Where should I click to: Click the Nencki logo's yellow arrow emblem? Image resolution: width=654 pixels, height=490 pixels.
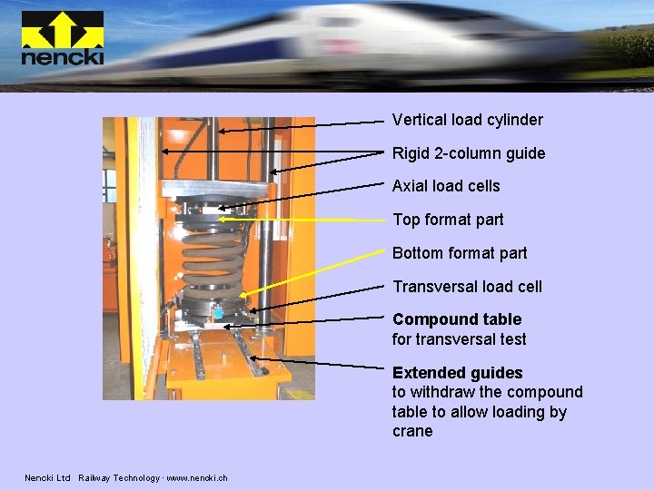pyautogui.click(x=62, y=29)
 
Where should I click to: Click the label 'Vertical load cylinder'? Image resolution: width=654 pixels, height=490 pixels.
pyautogui.click(x=467, y=120)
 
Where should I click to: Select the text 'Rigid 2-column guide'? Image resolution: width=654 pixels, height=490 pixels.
pyautogui.click(x=469, y=153)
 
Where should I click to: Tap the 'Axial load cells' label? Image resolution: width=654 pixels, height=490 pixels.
pyautogui.click(x=446, y=186)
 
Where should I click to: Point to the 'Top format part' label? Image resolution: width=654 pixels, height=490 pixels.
pyautogui.click(x=448, y=220)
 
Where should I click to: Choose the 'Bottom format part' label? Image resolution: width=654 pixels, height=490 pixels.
pyautogui.click(x=460, y=253)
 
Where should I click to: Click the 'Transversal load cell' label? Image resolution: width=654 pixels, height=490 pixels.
pyautogui.click(x=467, y=287)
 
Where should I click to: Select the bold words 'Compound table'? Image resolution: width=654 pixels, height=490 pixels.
pyautogui.click(x=457, y=319)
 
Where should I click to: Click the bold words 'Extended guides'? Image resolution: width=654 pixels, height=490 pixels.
pyautogui.click(x=457, y=373)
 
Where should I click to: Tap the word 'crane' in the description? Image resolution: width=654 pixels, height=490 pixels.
pyautogui.click(x=412, y=431)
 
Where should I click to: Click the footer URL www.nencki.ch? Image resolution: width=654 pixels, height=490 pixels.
pyautogui.click(x=197, y=478)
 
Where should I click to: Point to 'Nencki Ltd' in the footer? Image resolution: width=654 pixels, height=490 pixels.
pyautogui.click(x=47, y=478)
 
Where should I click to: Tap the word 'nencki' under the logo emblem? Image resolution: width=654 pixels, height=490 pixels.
pyautogui.click(x=62, y=57)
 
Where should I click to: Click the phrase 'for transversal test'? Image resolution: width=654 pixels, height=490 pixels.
pyautogui.click(x=459, y=339)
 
